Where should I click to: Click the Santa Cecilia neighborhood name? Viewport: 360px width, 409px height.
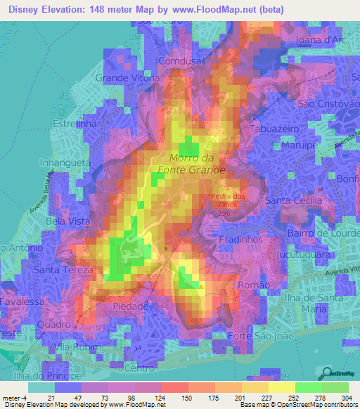293,200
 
